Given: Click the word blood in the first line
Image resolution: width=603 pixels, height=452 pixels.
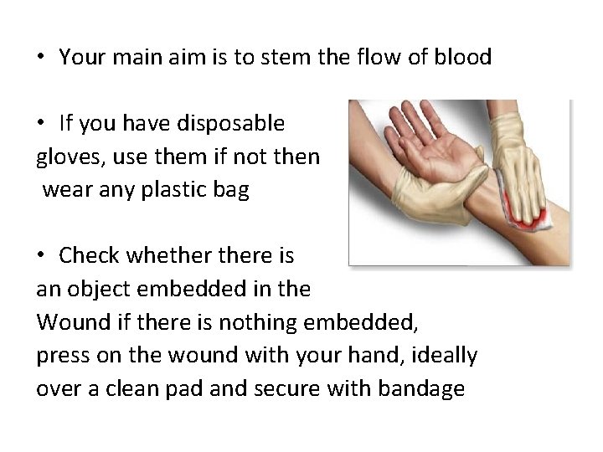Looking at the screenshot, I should coord(464,58).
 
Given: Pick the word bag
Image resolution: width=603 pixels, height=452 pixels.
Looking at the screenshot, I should coord(231,190).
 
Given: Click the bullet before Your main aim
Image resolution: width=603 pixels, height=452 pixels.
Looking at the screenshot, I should coord(40,58).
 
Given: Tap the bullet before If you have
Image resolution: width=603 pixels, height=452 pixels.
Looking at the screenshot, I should coord(40,124).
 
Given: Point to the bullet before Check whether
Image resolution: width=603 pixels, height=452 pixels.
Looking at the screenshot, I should coord(40,254).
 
